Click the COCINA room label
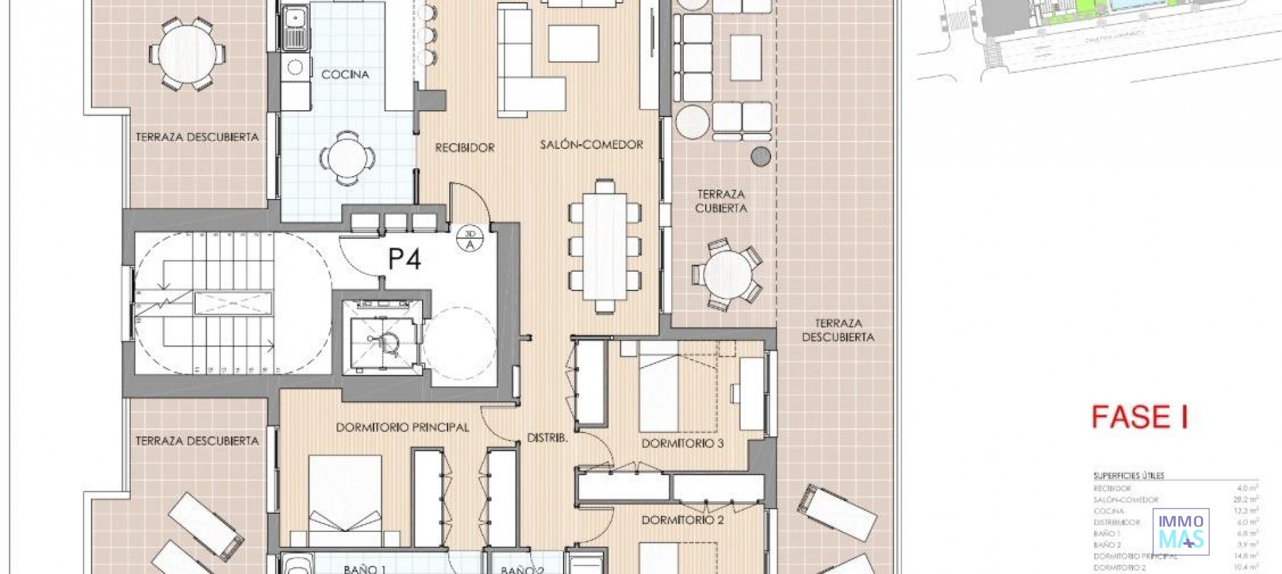click(345, 74)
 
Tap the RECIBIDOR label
click(465, 148)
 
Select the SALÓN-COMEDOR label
click(592, 144)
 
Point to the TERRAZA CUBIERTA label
click(721, 201)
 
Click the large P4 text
click(405, 259)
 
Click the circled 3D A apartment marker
click(470, 239)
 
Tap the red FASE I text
click(1139, 417)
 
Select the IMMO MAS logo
click(1181, 531)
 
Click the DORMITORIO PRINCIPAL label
click(402, 427)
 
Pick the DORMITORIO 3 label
click(682, 443)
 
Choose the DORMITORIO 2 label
click(682, 519)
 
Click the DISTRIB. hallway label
click(548, 438)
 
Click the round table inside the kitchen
click(347, 158)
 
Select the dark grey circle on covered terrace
click(761, 157)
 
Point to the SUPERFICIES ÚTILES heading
click(1128, 476)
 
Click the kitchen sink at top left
click(294, 27)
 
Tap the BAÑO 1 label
click(365, 569)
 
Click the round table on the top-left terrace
click(188, 53)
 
